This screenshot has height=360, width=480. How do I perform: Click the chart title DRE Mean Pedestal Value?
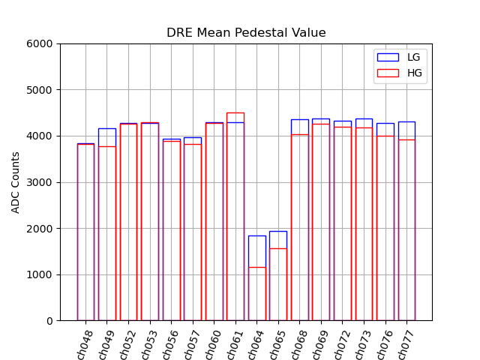point(246,33)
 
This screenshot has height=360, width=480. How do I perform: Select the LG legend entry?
point(400,57)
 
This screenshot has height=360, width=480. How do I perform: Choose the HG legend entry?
point(400,72)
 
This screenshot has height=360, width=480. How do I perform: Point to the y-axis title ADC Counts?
point(16,182)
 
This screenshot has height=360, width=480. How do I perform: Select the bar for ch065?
point(278,277)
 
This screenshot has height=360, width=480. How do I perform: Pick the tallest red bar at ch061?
point(235,217)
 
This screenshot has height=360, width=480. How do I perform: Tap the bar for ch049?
point(107,225)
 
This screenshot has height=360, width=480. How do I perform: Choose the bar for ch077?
point(406,225)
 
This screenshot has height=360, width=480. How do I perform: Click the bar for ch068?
point(299,225)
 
